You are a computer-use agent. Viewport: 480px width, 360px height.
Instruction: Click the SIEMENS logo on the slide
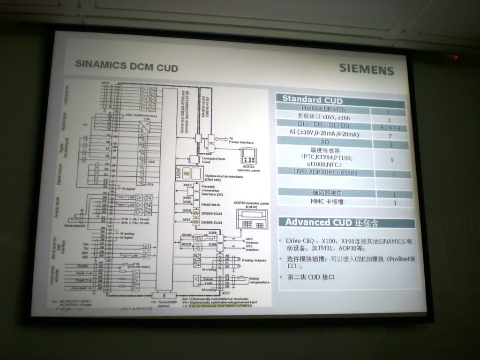[367, 69]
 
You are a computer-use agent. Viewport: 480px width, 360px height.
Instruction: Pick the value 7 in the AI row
[390, 135]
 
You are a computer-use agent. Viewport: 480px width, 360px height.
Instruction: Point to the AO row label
[324, 141]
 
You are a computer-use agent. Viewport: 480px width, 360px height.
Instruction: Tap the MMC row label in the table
[326, 202]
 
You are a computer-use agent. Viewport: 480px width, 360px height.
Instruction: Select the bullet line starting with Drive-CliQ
[349, 245]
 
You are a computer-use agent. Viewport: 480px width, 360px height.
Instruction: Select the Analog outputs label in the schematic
[254, 260]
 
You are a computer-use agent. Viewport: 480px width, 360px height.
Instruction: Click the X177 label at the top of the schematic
[105, 83]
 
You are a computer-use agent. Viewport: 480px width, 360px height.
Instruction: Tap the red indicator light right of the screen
[455, 57]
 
